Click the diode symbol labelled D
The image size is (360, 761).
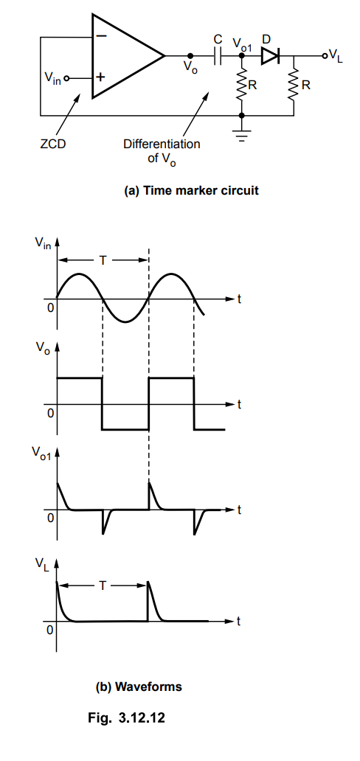[270, 56]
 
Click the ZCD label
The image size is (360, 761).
[53, 144]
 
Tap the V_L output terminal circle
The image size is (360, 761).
[324, 56]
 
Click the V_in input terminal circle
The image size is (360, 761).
[66, 77]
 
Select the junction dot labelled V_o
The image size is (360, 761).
[190, 56]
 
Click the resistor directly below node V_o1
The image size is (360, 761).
[242, 86]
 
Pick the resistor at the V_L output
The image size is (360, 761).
[294, 86]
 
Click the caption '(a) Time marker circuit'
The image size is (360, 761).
[191, 191]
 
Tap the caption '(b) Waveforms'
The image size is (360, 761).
[139, 687]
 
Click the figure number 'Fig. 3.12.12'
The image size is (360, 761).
[126, 717]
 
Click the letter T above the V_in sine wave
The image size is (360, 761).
[103, 260]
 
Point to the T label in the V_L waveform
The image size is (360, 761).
[103, 585]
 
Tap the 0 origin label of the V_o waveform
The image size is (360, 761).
[50, 413]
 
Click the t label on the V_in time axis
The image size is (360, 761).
[238, 299]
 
